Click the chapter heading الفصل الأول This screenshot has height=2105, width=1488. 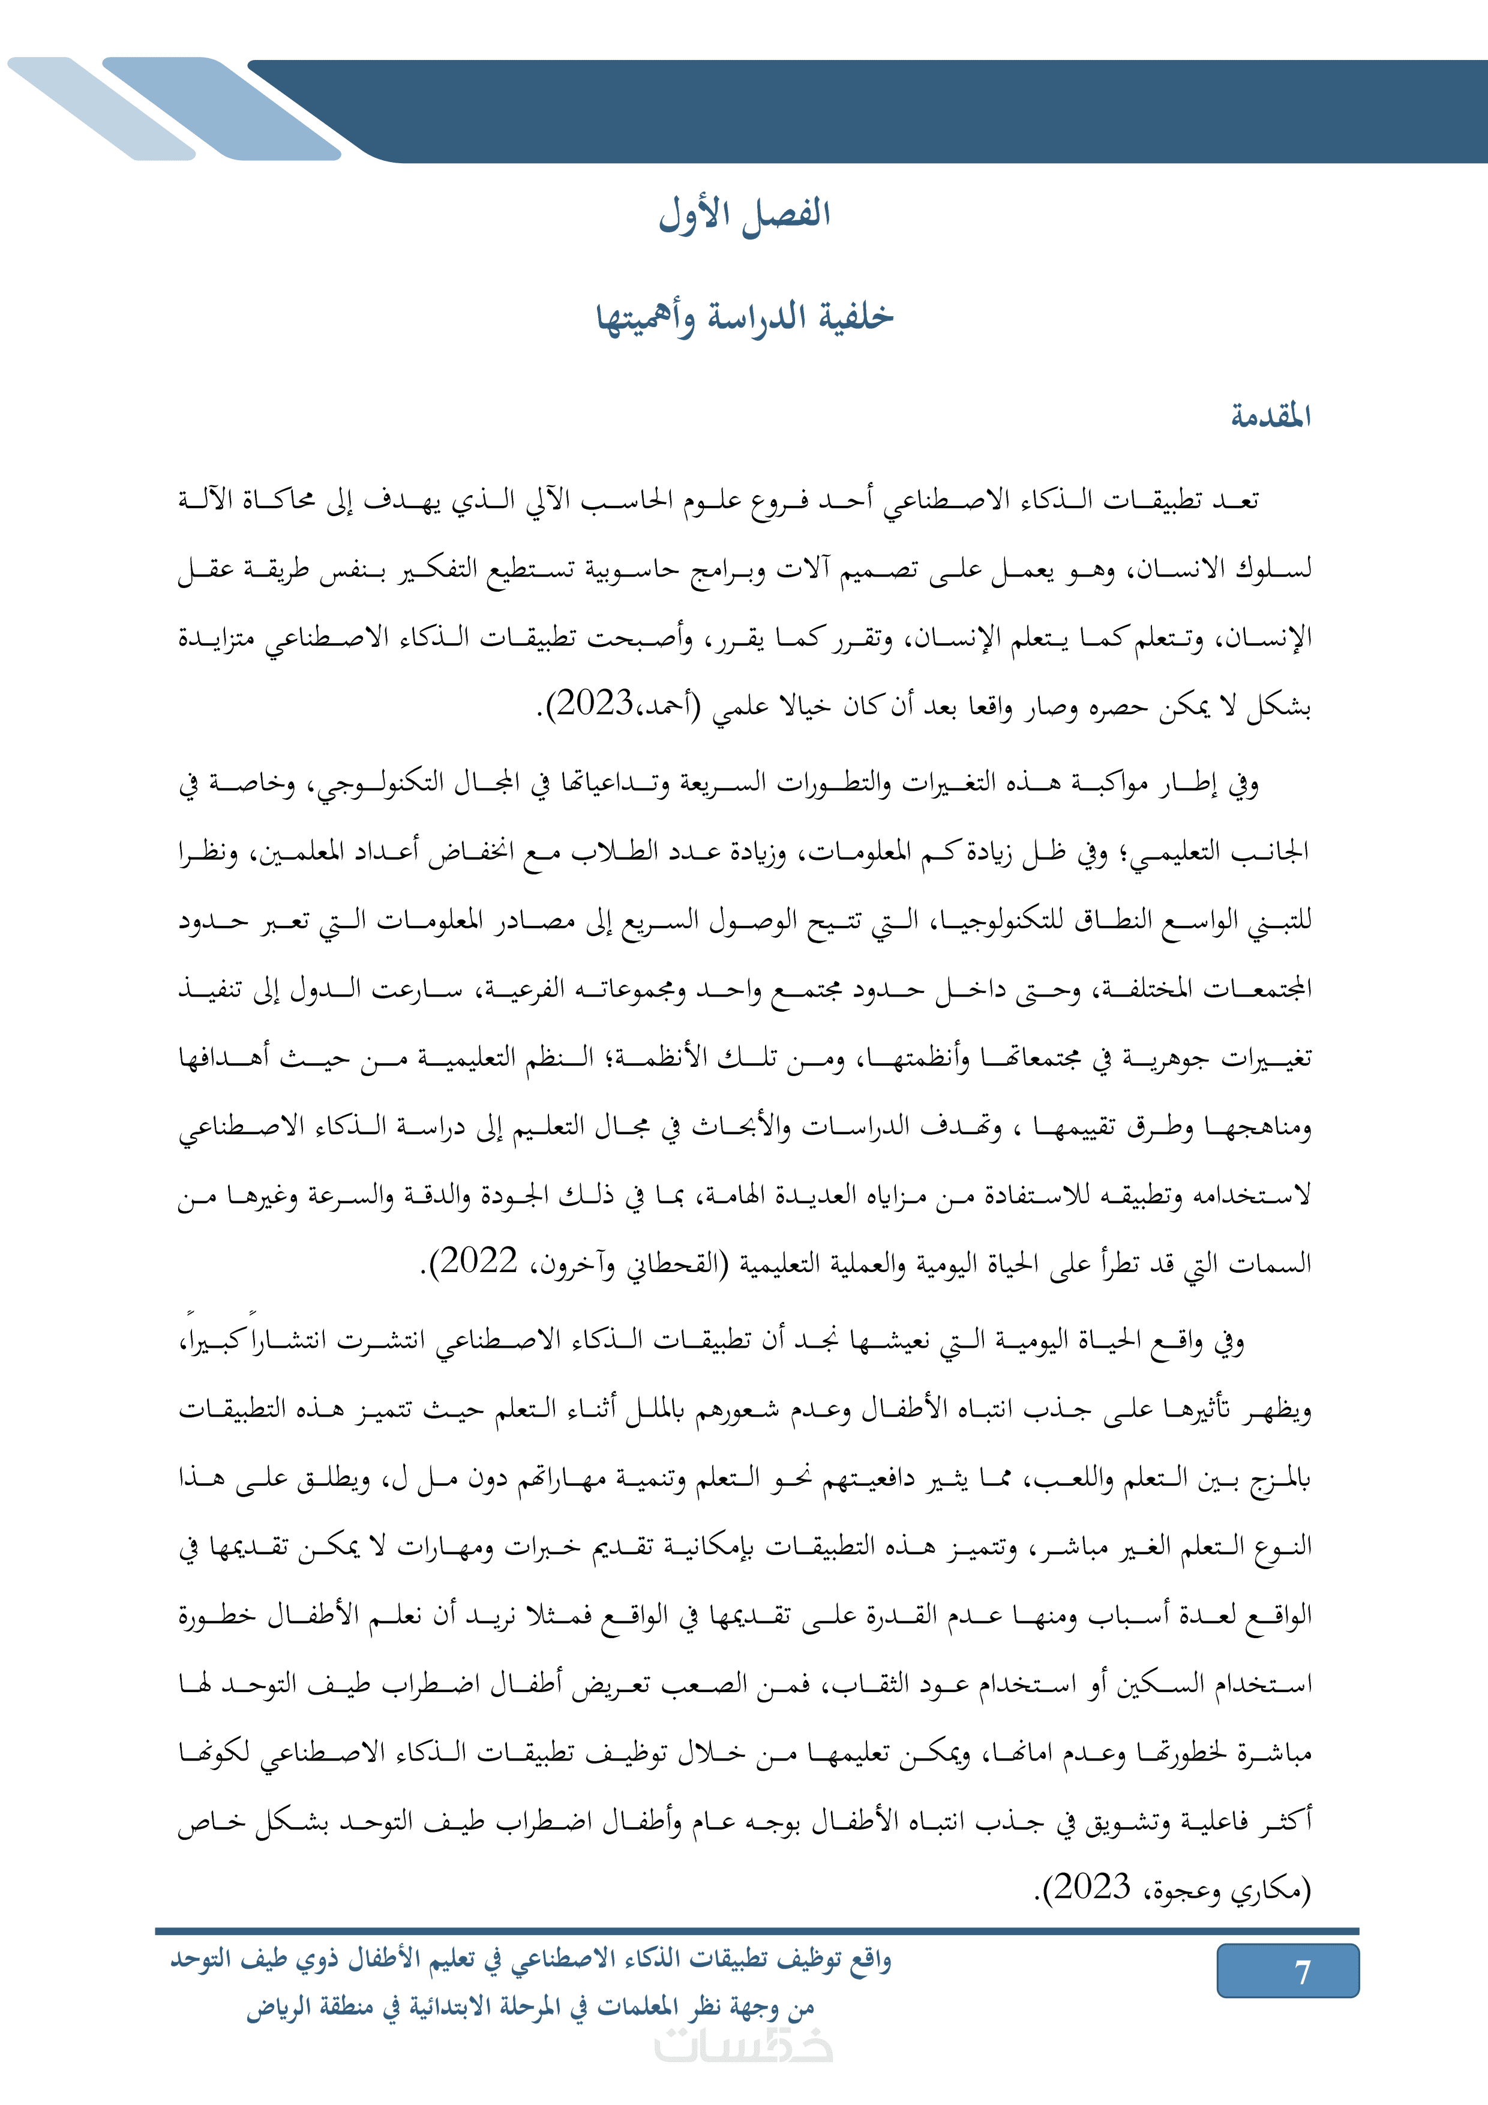point(745,215)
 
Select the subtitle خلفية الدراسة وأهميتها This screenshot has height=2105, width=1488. point(745,317)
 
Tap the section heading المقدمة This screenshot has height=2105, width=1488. point(1271,417)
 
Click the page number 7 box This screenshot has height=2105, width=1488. point(1287,1971)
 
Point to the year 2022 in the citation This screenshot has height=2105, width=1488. point(479,1263)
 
